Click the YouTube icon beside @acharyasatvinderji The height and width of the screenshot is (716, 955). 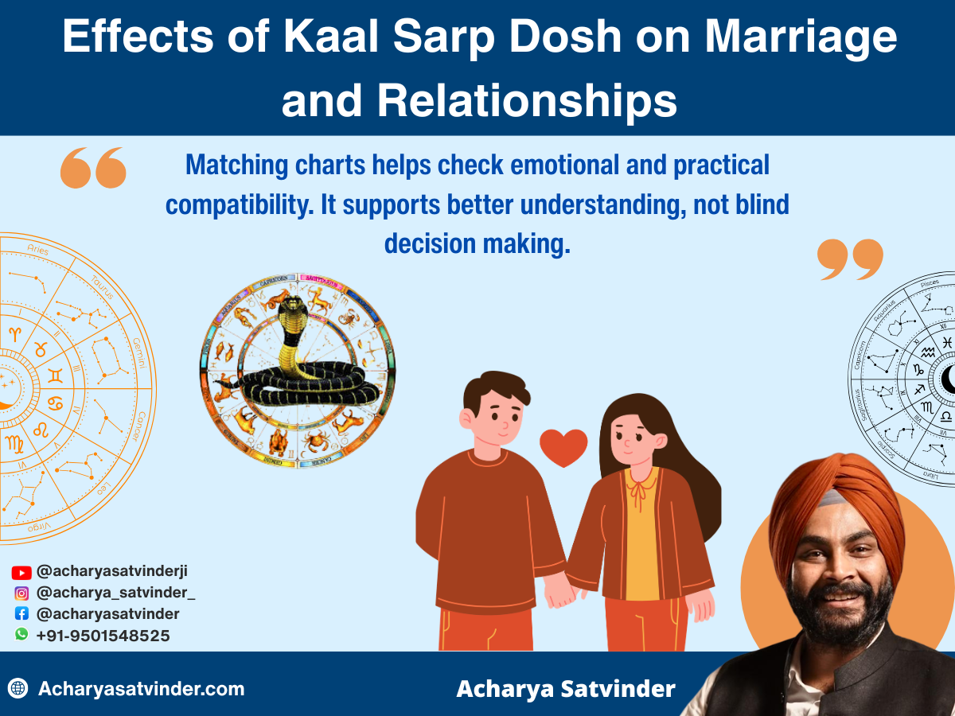click(21, 572)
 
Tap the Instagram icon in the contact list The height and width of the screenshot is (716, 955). click(21, 593)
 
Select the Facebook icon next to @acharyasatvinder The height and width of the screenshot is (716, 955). click(21, 613)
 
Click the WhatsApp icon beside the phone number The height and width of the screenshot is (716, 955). click(21, 634)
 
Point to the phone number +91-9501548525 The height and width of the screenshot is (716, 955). click(103, 636)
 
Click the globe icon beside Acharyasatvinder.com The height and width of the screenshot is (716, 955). click(18, 688)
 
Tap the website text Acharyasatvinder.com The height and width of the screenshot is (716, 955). click(141, 688)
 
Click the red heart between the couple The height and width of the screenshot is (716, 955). click(563, 447)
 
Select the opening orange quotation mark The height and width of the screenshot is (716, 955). click(93, 167)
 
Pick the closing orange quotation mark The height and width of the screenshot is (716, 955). click(850, 259)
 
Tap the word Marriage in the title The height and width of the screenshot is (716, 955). click(802, 37)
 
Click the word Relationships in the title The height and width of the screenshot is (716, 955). click(527, 102)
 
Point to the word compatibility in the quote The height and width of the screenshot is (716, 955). click(240, 205)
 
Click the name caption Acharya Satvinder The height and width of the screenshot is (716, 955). click(565, 688)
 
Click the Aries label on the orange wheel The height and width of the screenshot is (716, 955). click(37, 251)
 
